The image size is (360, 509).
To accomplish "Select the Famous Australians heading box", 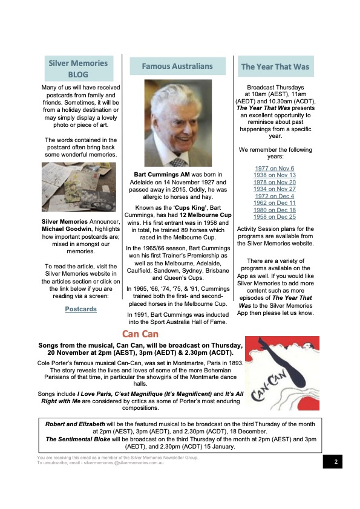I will click(x=177, y=66).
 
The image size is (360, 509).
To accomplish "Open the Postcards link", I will click(x=80, y=309).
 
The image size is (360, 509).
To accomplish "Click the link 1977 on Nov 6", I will click(x=274, y=169).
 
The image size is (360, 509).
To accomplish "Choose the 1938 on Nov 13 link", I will click(x=274, y=175).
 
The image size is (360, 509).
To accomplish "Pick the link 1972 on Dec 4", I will click(x=274, y=196).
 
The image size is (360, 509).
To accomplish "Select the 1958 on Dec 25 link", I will click(x=274, y=216).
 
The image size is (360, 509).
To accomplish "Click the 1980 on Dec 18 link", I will click(x=274, y=210).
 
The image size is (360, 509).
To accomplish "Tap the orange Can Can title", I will click(x=141, y=334).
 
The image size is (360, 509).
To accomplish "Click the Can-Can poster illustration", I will click(x=283, y=369).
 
